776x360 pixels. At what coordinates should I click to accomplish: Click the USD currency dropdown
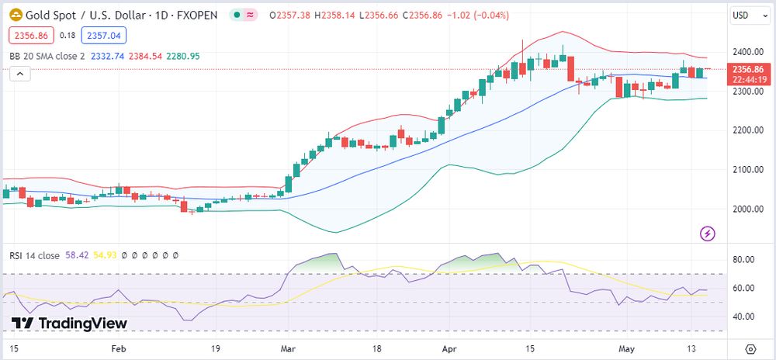pos(747,15)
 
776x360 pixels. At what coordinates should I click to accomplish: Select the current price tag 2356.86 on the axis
pos(749,70)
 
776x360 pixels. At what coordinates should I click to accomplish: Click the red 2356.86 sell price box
pos(30,35)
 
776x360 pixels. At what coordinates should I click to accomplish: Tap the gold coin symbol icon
pos(15,15)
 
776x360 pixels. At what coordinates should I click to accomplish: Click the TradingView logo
pos(69,324)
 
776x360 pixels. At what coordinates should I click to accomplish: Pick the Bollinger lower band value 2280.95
pos(183,56)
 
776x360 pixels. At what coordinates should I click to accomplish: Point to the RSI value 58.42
pos(77,255)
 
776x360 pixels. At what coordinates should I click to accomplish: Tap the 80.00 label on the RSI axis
pos(745,259)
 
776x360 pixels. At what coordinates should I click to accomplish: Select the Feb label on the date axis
pos(118,349)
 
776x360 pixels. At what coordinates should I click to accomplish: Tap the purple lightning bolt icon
pos(707,233)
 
